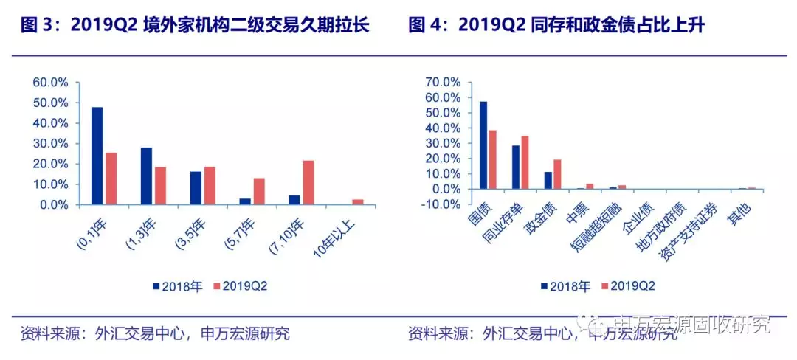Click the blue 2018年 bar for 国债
(x=483, y=145)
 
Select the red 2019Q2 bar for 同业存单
(x=525, y=162)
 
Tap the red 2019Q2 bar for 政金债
(x=557, y=174)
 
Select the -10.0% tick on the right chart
(x=441, y=204)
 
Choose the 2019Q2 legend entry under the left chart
(x=238, y=286)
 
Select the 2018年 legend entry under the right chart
(x=565, y=286)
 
